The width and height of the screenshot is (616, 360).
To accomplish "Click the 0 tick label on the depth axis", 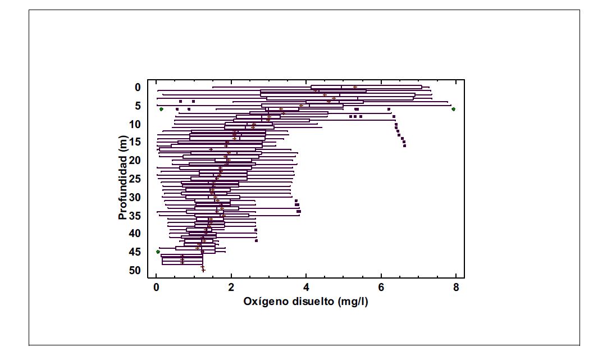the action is (x=138, y=87).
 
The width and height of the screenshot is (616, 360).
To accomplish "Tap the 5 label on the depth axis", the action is (x=138, y=106).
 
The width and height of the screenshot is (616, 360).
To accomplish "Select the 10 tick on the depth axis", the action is (x=135, y=124).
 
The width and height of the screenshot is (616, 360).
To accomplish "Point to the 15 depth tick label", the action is (x=135, y=142).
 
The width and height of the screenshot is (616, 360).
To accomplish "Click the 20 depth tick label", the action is (x=135, y=161).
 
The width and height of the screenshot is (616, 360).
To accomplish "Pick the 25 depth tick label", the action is (x=135, y=179).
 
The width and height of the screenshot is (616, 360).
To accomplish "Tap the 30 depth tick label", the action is (x=135, y=197).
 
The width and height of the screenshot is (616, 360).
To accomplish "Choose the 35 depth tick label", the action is (x=135, y=215).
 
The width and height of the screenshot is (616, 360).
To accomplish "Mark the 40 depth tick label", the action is (x=135, y=234).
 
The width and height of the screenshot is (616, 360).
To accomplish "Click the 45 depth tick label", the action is (x=135, y=252).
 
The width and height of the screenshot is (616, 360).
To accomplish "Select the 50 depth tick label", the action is (x=135, y=270).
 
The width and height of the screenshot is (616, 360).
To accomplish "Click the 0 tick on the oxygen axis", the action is (x=156, y=288).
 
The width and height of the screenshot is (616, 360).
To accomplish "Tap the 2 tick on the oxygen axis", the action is (x=231, y=288).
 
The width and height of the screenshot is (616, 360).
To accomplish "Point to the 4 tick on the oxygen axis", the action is (x=306, y=288).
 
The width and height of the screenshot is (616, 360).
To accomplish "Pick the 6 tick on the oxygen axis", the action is (x=381, y=288).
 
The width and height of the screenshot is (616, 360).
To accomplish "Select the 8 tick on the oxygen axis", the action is (x=456, y=288).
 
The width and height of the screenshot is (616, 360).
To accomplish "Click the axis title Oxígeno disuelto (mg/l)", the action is (x=305, y=302).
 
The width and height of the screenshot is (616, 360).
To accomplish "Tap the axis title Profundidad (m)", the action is (x=123, y=177).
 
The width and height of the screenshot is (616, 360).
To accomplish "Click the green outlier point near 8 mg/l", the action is (x=453, y=110).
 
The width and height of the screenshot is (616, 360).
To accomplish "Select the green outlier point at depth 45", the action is (x=158, y=252).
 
